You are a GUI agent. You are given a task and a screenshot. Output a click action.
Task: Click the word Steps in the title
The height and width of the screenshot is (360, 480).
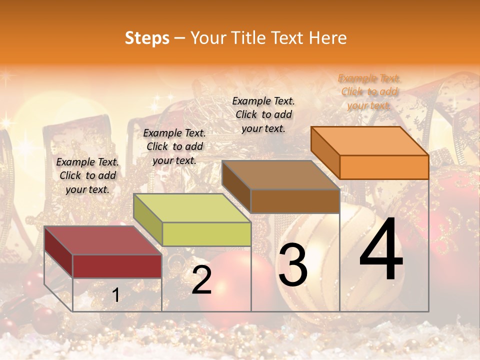147,38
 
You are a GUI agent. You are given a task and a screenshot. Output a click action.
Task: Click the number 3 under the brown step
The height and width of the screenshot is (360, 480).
293,265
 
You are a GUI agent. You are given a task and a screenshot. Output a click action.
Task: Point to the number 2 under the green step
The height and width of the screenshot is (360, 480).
202,280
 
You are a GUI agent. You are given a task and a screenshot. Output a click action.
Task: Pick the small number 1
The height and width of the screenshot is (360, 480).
116,295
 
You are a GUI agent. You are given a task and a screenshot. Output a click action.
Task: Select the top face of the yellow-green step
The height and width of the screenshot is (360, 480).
192,208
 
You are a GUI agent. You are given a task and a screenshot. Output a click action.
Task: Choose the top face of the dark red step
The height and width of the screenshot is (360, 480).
103,240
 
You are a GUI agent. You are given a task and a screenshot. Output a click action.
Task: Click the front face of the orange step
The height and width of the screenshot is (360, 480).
384,167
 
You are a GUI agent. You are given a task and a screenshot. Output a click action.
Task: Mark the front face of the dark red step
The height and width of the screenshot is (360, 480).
117,266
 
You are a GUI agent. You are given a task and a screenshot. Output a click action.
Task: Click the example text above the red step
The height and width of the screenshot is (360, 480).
87,176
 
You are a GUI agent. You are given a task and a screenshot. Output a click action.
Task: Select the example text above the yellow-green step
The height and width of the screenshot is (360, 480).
174,146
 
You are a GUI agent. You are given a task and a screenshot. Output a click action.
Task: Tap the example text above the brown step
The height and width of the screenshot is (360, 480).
263,114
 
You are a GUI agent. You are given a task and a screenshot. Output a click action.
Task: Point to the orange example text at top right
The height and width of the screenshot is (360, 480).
369,92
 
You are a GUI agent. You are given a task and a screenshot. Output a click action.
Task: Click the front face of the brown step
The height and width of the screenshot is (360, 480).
295,201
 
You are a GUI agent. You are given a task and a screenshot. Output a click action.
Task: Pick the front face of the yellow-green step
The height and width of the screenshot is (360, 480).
206,234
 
